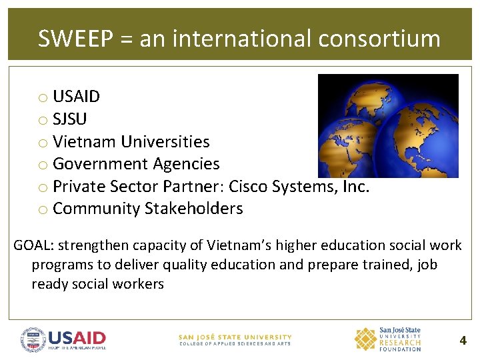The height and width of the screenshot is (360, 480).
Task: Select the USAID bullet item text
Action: (x=76, y=97)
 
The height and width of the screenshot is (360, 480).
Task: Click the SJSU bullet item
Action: (x=69, y=119)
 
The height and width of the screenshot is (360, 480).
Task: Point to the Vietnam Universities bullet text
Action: (x=131, y=142)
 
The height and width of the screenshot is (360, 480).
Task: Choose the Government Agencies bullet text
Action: (x=136, y=164)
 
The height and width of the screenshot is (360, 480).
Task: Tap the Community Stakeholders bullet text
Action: (x=147, y=209)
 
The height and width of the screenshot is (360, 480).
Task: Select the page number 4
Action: (x=463, y=341)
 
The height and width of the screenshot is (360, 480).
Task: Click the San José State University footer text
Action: (x=235, y=337)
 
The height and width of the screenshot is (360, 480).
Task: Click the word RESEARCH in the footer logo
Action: (x=400, y=343)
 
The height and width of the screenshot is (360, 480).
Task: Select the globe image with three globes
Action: (x=388, y=126)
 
